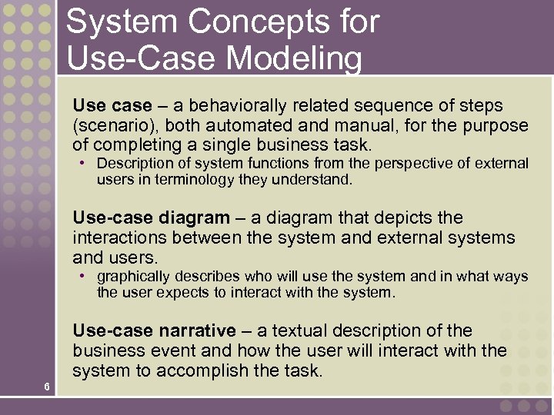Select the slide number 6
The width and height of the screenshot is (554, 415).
pyautogui.click(x=47, y=387)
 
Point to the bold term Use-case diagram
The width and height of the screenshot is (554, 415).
pyautogui.click(x=151, y=218)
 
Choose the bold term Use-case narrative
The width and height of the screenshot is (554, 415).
pyautogui.click(x=154, y=331)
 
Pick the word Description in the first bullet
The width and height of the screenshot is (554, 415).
pyautogui.click(x=131, y=164)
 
